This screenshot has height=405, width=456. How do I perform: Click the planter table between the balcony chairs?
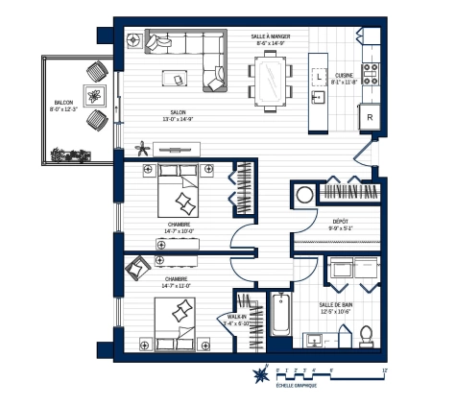click(x=95, y=95)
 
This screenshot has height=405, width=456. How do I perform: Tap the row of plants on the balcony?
click(x=71, y=153)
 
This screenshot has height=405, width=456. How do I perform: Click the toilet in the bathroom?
click(x=365, y=336)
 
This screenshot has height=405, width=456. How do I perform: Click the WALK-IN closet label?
click(x=236, y=317)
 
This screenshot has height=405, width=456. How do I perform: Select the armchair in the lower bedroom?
click(x=138, y=265)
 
